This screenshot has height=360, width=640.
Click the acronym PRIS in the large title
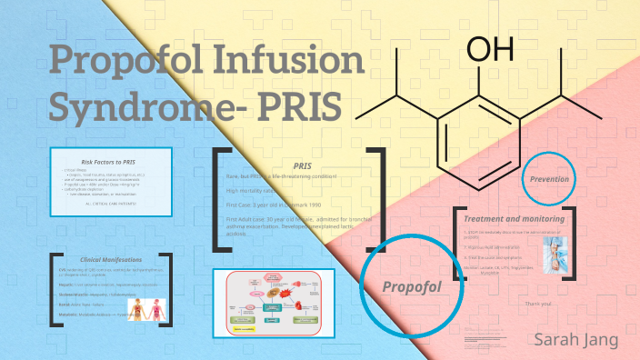click(x=301, y=106)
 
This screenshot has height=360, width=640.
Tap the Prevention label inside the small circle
click(x=549, y=179)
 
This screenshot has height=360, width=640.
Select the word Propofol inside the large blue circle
click(x=411, y=287)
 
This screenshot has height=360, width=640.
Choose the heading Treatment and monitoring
click(x=515, y=219)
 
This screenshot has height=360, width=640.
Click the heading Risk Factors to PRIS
click(x=109, y=161)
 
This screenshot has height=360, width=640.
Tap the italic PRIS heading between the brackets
click(x=303, y=165)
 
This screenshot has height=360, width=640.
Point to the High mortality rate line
click(x=254, y=191)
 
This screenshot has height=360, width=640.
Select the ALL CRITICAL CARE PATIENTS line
click(x=109, y=204)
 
